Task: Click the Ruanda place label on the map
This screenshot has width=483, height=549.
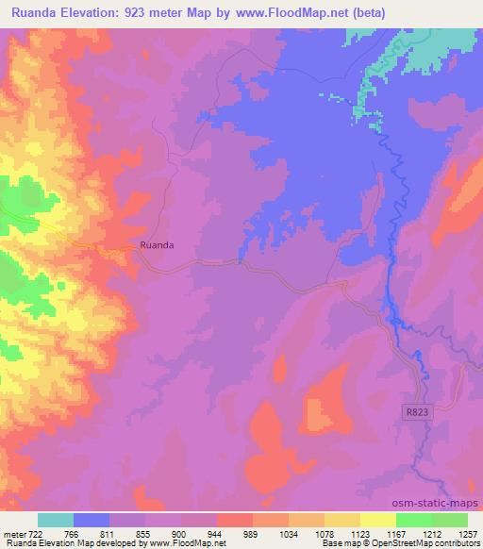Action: [x=157, y=245]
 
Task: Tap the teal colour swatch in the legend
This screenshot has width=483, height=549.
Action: [x=56, y=520]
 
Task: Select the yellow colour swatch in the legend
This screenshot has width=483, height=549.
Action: [x=378, y=520]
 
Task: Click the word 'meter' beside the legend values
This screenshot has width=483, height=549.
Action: [x=16, y=535]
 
